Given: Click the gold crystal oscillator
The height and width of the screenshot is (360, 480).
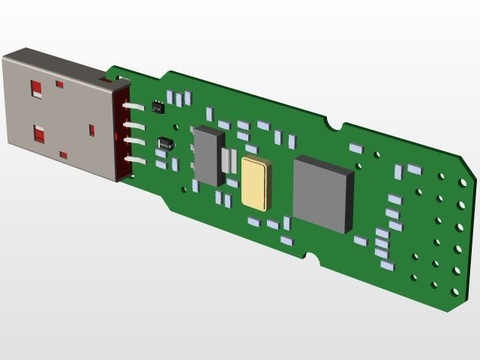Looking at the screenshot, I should pos(255,184).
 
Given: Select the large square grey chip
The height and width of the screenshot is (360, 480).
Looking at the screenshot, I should pos(323,193).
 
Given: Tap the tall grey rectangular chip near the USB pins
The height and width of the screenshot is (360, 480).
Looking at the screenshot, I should pos(209,156).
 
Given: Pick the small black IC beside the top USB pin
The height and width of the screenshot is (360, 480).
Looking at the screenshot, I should pos(157,106).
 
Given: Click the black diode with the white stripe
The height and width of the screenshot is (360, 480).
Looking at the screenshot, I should pos(165,142).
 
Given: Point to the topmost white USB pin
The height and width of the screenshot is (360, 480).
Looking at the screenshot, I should pos(135,107).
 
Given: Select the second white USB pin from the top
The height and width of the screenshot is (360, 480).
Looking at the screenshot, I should pos(134,125).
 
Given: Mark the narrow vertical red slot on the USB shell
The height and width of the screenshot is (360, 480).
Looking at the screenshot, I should pos(92,130).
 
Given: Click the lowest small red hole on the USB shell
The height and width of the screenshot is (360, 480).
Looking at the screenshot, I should pos(64,155).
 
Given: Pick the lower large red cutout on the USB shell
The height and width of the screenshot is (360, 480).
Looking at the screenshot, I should pos(39,134).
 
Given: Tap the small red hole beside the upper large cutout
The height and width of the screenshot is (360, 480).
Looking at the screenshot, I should pos(59,84).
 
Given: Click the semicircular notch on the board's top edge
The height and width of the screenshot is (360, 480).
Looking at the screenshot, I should pos(335,123).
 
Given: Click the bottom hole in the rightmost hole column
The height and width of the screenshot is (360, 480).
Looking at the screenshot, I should pos(454,292).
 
